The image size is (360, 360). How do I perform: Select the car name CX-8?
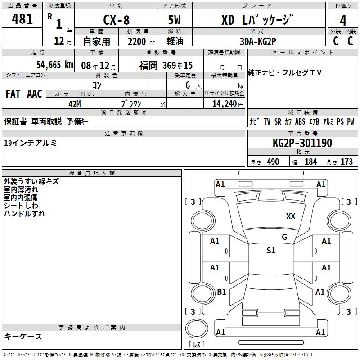[x=116, y=20]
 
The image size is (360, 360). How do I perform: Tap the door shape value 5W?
[x=175, y=20]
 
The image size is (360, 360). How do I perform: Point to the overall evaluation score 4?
[x=343, y=20]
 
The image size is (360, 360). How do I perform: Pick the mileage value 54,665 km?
[x=54, y=65]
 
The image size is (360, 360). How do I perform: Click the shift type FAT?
[x=13, y=94]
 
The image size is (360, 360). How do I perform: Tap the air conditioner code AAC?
[x=35, y=94]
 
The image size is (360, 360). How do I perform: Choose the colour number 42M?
[x=75, y=103]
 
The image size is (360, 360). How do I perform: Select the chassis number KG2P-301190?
[x=302, y=143]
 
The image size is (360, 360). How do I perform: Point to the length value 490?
[x=273, y=162]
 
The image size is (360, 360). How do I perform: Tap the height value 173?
[x=346, y=162]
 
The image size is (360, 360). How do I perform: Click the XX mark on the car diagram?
[x=291, y=216]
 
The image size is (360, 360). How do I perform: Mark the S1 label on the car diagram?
[x=270, y=251]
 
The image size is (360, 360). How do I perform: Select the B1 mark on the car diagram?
[x=221, y=292]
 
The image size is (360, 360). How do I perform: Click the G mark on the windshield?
[x=284, y=237]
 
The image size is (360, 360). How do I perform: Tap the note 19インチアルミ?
[x=30, y=143]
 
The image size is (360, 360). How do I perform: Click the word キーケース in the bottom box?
[x=23, y=336]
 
